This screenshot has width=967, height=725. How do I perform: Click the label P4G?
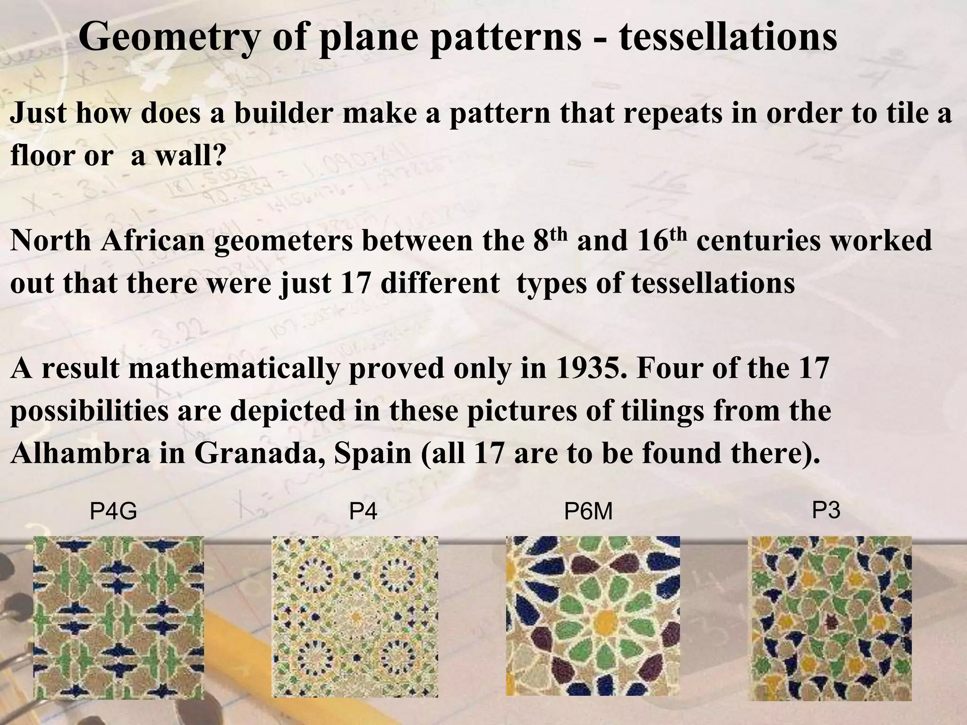click(113, 511)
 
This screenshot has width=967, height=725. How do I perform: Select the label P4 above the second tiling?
click(363, 511)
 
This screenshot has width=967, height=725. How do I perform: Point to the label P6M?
click(588, 511)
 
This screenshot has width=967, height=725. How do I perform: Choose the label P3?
click(826, 510)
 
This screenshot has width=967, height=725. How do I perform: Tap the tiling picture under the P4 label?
click(355, 616)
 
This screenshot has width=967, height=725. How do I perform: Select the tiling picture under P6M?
click(593, 615)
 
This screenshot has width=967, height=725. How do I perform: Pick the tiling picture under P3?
click(830, 618)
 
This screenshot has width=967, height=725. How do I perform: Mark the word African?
click(153, 241)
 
